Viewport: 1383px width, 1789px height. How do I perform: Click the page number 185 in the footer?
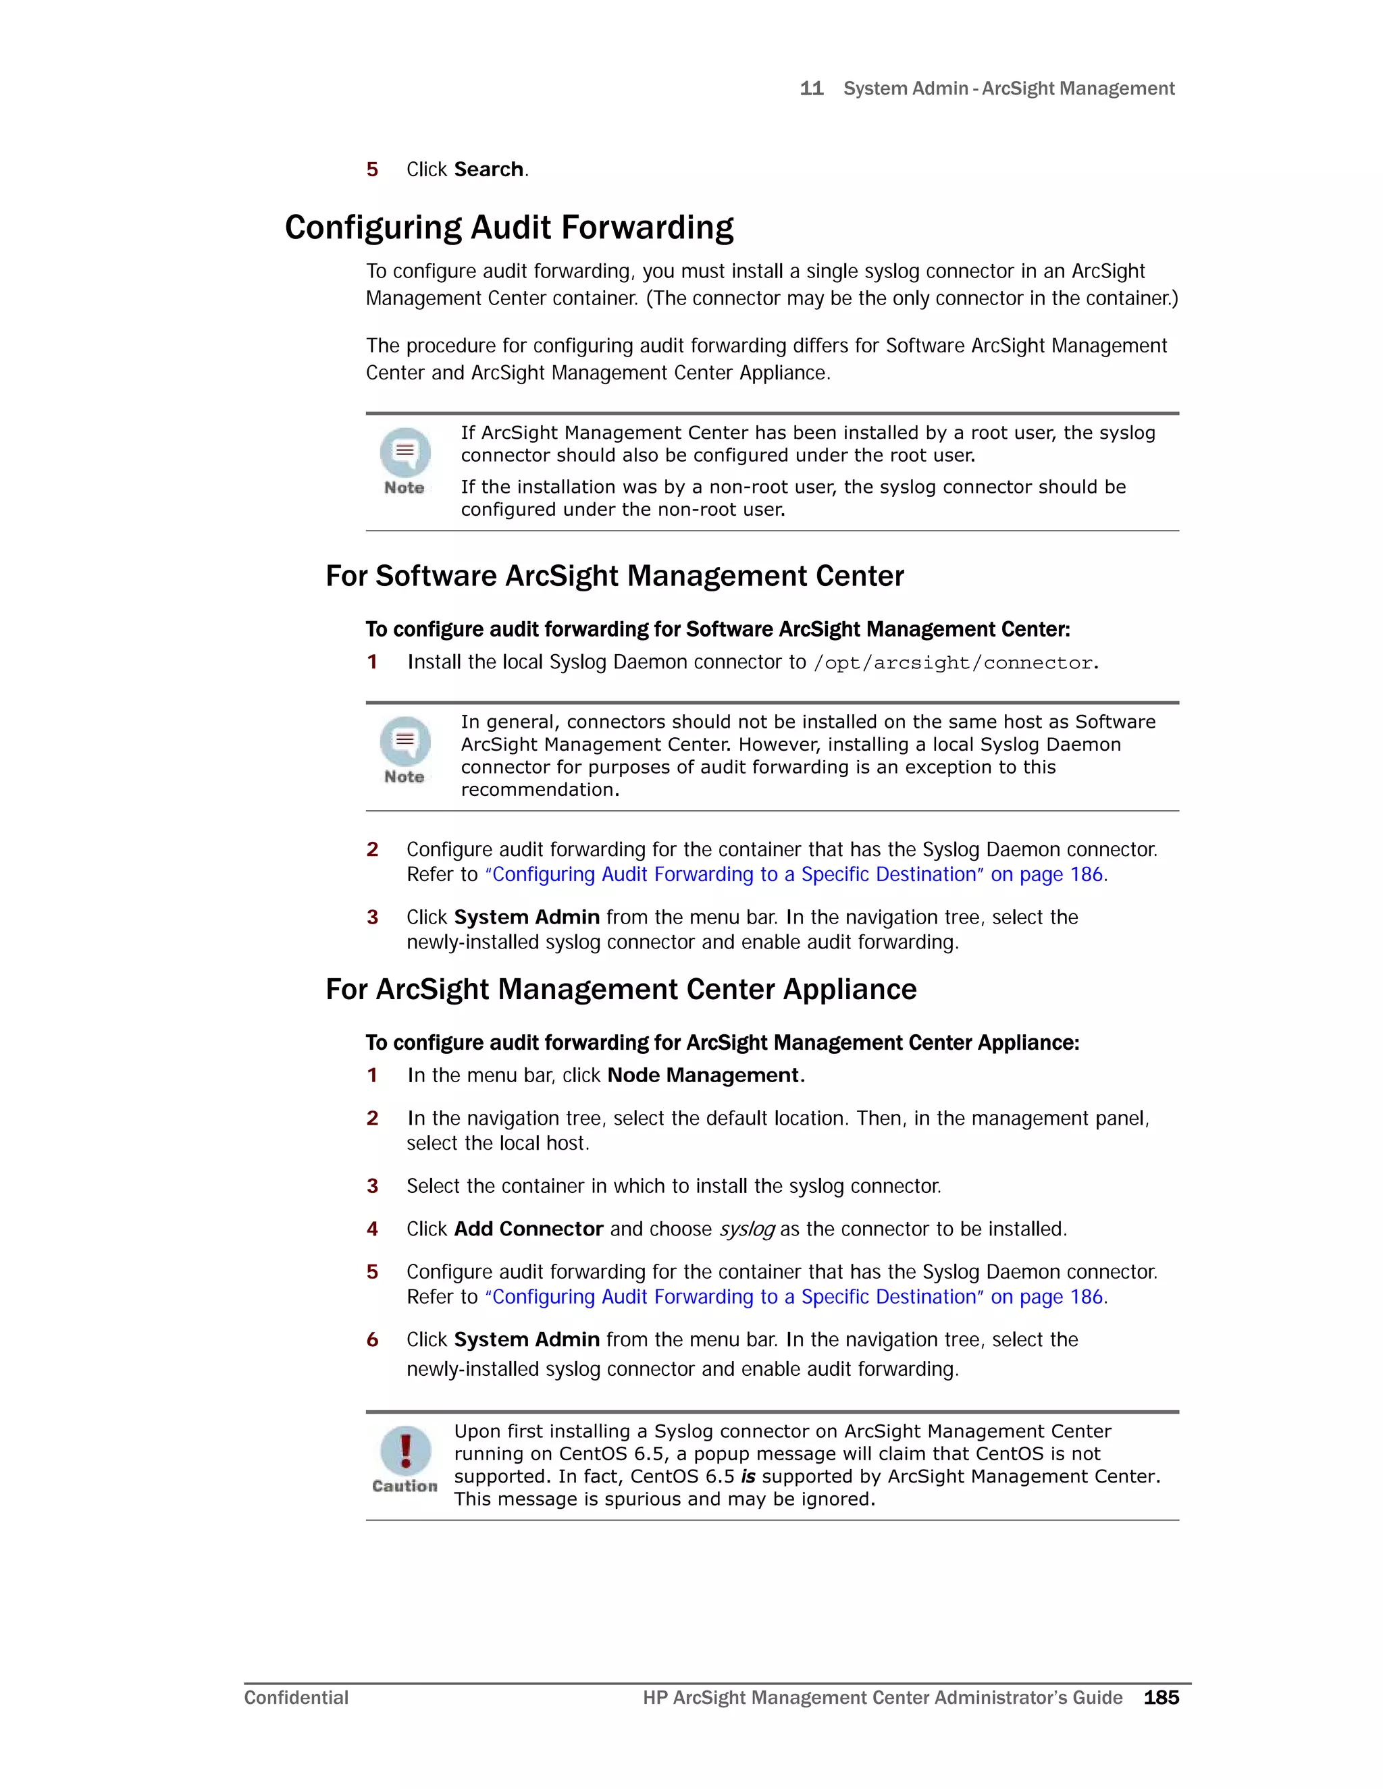(x=1161, y=1697)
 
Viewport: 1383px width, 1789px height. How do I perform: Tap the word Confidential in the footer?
(x=296, y=1697)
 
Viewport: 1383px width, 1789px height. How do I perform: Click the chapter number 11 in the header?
(x=811, y=88)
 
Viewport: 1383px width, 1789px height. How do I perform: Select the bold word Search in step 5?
(x=488, y=169)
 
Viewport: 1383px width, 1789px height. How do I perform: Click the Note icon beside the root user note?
(x=405, y=453)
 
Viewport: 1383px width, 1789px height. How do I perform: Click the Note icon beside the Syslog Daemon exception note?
(x=405, y=742)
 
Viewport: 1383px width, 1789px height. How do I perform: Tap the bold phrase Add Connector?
(x=529, y=1229)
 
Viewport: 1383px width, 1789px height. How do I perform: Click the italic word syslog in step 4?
(x=746, y=1229)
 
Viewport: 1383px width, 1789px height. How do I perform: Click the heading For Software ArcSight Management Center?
(x=615, y=576)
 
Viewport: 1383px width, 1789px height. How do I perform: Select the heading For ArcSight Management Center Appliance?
(x=620, y=990)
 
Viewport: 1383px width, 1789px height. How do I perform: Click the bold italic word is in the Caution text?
(x=748, y=1477)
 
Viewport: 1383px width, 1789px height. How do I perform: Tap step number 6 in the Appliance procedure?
(x=372, y=1340)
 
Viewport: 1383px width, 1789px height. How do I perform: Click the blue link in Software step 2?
(x=795, y=875)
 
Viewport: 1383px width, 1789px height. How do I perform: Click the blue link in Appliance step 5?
(x=795, y=1298)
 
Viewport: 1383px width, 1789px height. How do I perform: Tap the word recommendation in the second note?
(x=538, y=790)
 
